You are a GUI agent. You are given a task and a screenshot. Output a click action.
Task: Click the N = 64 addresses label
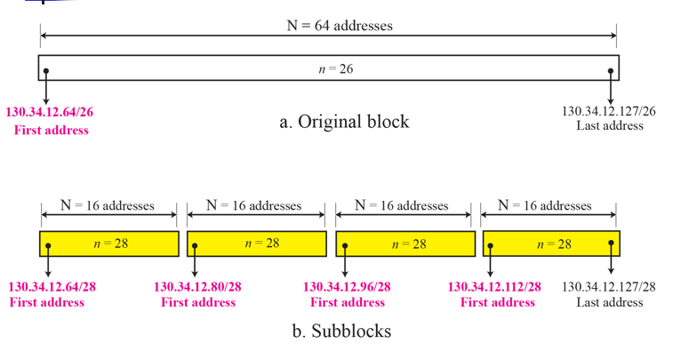pyautogui.click(x=327, y=26)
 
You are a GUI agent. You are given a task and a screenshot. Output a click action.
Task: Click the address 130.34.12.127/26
pyautogui.click(x=610, y=111)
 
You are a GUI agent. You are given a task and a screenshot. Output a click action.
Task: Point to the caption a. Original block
pyautogui.click(x=344, y=122)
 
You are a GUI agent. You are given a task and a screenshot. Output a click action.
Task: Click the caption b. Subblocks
pyautogui.click(x=341, y=332)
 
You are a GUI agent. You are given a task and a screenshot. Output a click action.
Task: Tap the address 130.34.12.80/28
pyautogui.click(x=197, y=287)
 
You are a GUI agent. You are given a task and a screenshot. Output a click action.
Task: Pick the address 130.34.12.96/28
pyautogui.click(x=348, y=287)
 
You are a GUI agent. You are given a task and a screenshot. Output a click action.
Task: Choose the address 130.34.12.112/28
pyautogui.click(x=494, y=286)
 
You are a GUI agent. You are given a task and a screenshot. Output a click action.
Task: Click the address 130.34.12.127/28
pyautogui.click(x=609, y=286)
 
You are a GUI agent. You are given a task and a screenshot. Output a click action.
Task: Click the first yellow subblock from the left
pyautogui.click(x=108, y=244)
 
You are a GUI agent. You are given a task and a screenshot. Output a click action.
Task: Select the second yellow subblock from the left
pyautogui.click(x=256, y=244)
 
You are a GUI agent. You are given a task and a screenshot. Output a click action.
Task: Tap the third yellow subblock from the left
pyautogui.click(x=405, y=244)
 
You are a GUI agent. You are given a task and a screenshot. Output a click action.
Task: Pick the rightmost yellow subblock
pyautogui.click(x=551, y=244)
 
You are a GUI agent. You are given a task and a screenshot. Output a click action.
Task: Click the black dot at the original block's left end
pyautogui.click(x=46, y=71)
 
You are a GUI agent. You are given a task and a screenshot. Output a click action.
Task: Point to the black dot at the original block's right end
pyautogui.click(x=611, y=71)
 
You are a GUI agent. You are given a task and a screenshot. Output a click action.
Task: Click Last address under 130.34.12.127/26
pyautogui.click(x=610, y=126)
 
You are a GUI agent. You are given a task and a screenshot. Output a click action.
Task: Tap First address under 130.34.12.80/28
pyautogui.click(x=198, y=302)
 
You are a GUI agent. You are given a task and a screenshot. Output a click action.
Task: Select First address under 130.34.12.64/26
pyautogui.click(x=52, y=130)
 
